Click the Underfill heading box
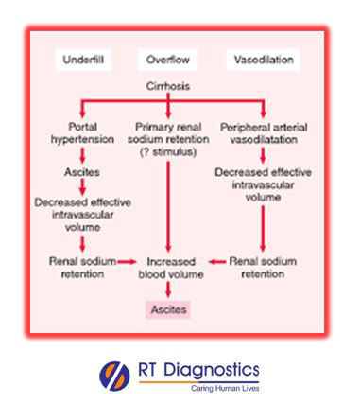[83, 60]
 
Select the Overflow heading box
[167, 60]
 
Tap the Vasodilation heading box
[264, 60]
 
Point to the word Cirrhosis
[168, 86]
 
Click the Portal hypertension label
[82, 133]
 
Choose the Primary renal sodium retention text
[168, 133]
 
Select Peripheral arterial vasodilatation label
[264, 133]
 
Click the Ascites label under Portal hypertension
[82, 172]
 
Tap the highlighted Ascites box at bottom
[168, 309]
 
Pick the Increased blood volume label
[171, 268]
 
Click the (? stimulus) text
[168, 152]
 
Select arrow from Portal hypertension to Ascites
[82, 156]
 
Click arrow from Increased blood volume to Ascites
[168, 289]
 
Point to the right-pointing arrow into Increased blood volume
[128, 261]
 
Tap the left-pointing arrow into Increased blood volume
[217, 261]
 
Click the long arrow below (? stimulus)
[168, 207]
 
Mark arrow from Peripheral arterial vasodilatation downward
[263, 156]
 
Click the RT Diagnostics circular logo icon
[114, 377]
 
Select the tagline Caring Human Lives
[225, 388]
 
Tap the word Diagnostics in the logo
[212, 370]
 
